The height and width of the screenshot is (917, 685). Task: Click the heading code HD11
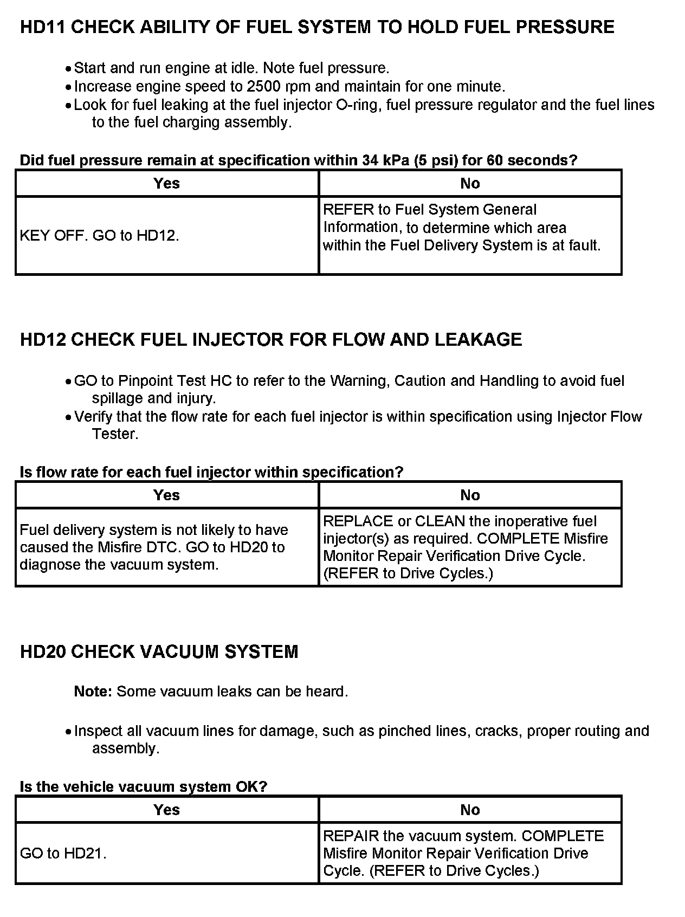(x=43, y=27)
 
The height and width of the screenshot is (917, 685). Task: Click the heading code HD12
(x=43, y=339)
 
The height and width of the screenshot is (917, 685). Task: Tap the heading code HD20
(x=43, y=651)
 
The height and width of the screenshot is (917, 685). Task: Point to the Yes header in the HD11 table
(x=166, y=183)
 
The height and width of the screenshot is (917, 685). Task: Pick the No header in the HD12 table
(x=470, y=495)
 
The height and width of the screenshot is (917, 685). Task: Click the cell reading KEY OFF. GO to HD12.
(x=100, y=236)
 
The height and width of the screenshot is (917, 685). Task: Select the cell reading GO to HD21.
(x=63, y=853)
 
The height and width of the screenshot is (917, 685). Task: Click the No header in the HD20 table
(x=470, y=810)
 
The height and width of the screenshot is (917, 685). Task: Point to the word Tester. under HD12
(x=115, y=434)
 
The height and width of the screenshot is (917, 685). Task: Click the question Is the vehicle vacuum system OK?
(x=144, y=786)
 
